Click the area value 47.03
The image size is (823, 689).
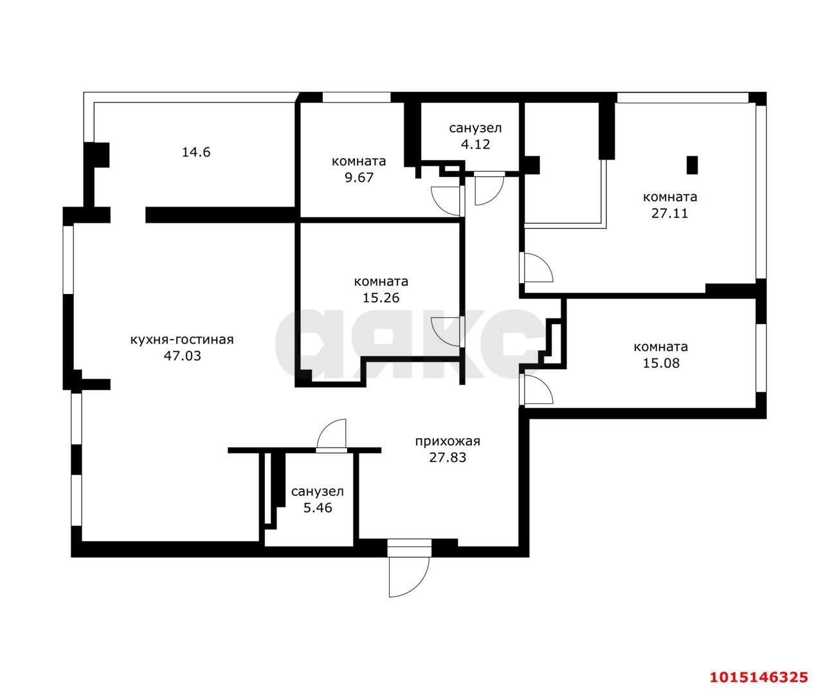pyautogui.click(x=182, y=355)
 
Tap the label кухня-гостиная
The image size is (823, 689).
pyautogui.click(x=182, y=340)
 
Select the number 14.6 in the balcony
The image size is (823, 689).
pyautogui.click(x=196, y=152)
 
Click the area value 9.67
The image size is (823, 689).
pyautogui.click(x=358, y=177)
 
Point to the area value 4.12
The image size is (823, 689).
pyautogui.click(x=475, y=144)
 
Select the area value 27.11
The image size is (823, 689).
pyautogui.click(x=669, y=213)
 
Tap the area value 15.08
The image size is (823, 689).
pyautogui.click(x=661, y=363)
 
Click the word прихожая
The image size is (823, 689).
pyautogui.click(x=448, y=441)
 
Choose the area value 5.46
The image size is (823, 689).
pyautogui.click(x=317, y=507)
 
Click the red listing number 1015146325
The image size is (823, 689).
pyautogui.click(x=758, y=677)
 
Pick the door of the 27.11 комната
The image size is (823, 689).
pyautogui.click(x=536, y=268)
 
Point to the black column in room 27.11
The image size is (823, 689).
pyautogui.click(x=692, y=165)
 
